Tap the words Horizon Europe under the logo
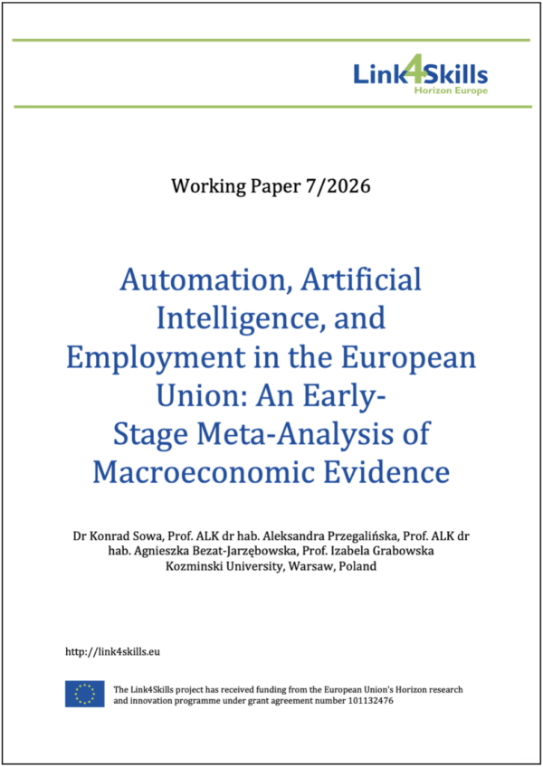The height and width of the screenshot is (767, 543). click(451, 91)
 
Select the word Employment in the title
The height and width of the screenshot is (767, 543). click(155, 356)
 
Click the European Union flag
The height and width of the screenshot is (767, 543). click(84, 695)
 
